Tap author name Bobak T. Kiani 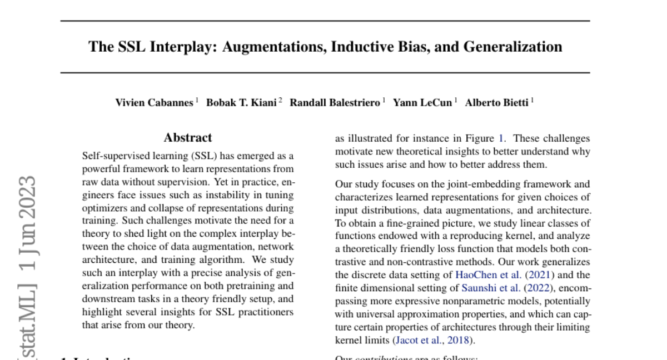241,102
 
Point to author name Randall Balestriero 335,102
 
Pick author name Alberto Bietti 496,102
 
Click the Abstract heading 188,138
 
